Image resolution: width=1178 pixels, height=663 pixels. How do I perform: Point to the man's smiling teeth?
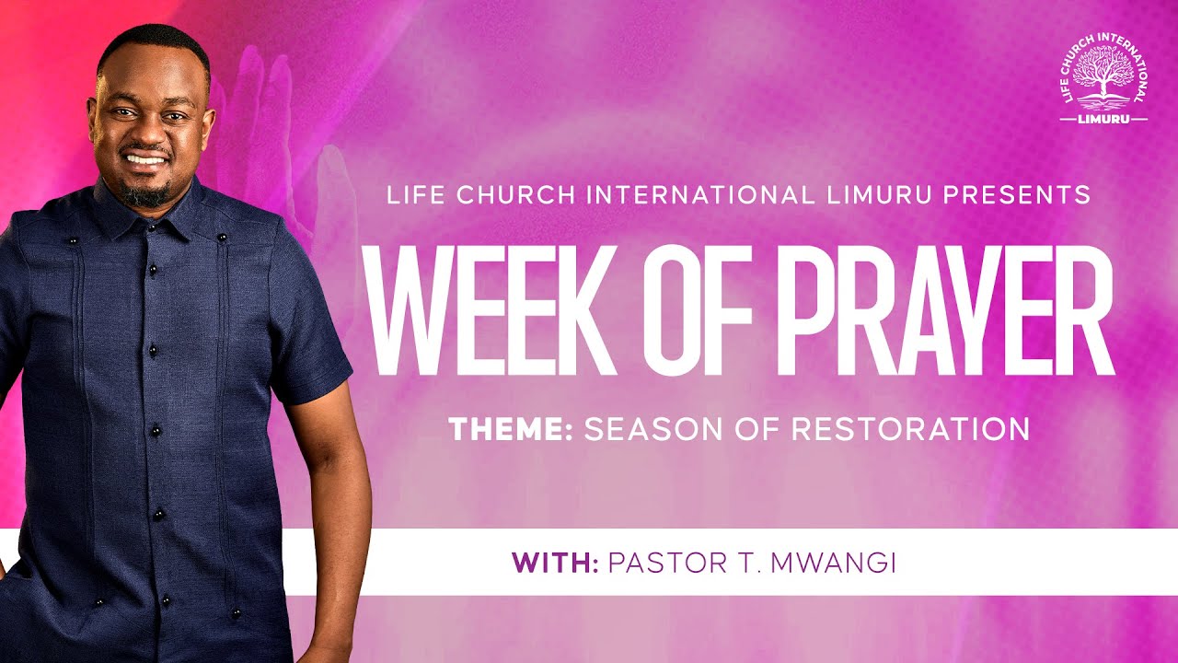pos(145,158)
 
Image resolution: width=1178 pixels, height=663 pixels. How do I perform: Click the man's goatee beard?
pos(147,194)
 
